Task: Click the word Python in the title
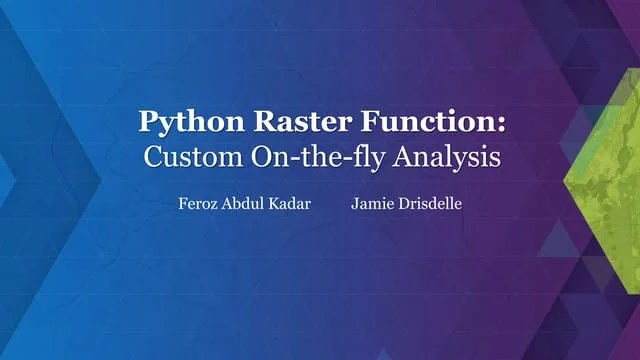click(x=185, y=122)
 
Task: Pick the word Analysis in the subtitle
click(x=445, y=157)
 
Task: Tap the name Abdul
click(x=243, y=203)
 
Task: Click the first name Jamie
click(x=371, y=203)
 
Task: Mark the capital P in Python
click(x=148, y=122)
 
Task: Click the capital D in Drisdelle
click(x=400, y=203)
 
